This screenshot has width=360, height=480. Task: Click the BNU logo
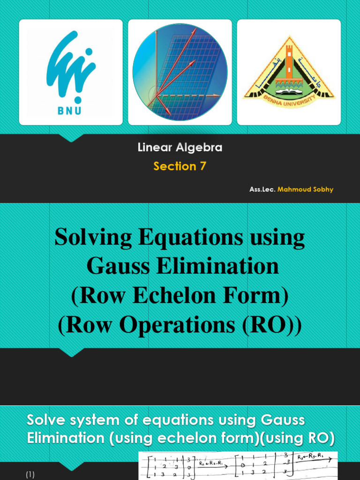click(x=71, y=72)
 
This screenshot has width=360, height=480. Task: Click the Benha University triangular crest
click(x=289, y=72)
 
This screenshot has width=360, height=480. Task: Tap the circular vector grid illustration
click(x=180, y=72)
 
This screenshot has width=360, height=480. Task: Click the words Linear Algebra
click(x=180, y=148)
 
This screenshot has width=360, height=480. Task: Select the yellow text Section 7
click(x=180, y=166)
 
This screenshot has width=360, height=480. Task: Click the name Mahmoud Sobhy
click(x=305, y=190)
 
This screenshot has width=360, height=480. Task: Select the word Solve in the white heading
click(x=46, y=420)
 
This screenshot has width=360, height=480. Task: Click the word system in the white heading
click(x=100, y=420)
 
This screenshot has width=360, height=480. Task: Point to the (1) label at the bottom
click(x=30, y=475)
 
